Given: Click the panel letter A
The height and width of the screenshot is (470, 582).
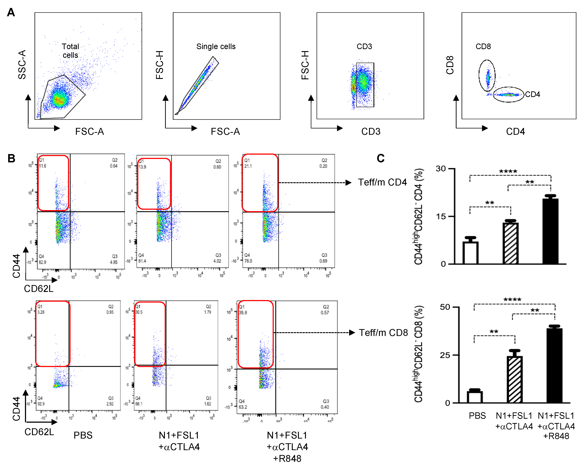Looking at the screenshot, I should click(11, 12).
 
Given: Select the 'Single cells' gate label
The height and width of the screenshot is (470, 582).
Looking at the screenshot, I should click(216, 47).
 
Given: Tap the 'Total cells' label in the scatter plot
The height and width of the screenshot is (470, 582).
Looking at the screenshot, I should click(71, 51).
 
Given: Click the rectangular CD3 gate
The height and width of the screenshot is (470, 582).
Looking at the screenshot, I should click(365, 85).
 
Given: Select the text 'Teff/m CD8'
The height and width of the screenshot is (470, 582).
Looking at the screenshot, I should click(383, 333).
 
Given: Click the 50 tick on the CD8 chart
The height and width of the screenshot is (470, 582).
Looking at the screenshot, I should click(445, 307).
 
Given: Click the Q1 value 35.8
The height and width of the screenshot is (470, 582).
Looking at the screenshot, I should click(243, 312).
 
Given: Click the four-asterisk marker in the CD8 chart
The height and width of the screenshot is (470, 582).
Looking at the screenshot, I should click(512, 300).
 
